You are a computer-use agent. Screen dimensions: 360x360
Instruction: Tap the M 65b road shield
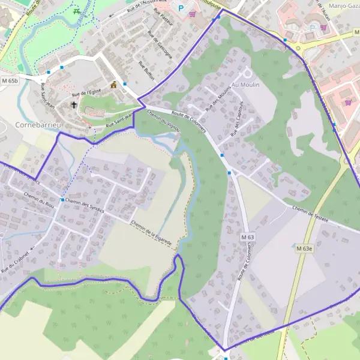click(10, 80)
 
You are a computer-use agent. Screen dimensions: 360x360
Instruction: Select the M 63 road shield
click(248, 238)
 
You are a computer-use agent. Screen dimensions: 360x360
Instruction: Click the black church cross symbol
click(74, 104)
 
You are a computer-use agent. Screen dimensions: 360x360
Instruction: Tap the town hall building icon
click(113, 84)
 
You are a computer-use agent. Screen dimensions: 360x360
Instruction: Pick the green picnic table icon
click(76, 11)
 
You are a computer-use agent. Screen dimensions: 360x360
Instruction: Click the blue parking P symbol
click(179, 8)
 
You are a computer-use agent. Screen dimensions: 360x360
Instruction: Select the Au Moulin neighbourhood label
click(245, 85)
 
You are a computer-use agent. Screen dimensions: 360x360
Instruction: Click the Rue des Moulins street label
click(217, 100)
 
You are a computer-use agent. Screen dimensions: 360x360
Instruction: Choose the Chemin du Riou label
click(38, 199)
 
